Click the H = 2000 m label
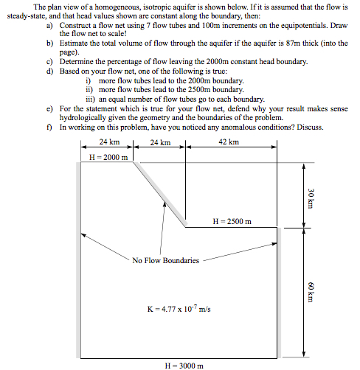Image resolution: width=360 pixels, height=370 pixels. click(x=108, y=157)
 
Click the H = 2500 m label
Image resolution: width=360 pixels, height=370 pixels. click(x=232, y=221)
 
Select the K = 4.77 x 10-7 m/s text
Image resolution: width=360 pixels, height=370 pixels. click(x=179, y=309)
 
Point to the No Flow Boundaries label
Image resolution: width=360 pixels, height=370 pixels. click(x=166, y=260)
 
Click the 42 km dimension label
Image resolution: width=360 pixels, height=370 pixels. click(x=229, y=142)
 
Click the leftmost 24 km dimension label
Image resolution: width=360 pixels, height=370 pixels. click(x=108, y=142)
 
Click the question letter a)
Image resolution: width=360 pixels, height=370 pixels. click(x=49, y=25)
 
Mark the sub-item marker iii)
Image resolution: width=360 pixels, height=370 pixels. click(x=91, y=98)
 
